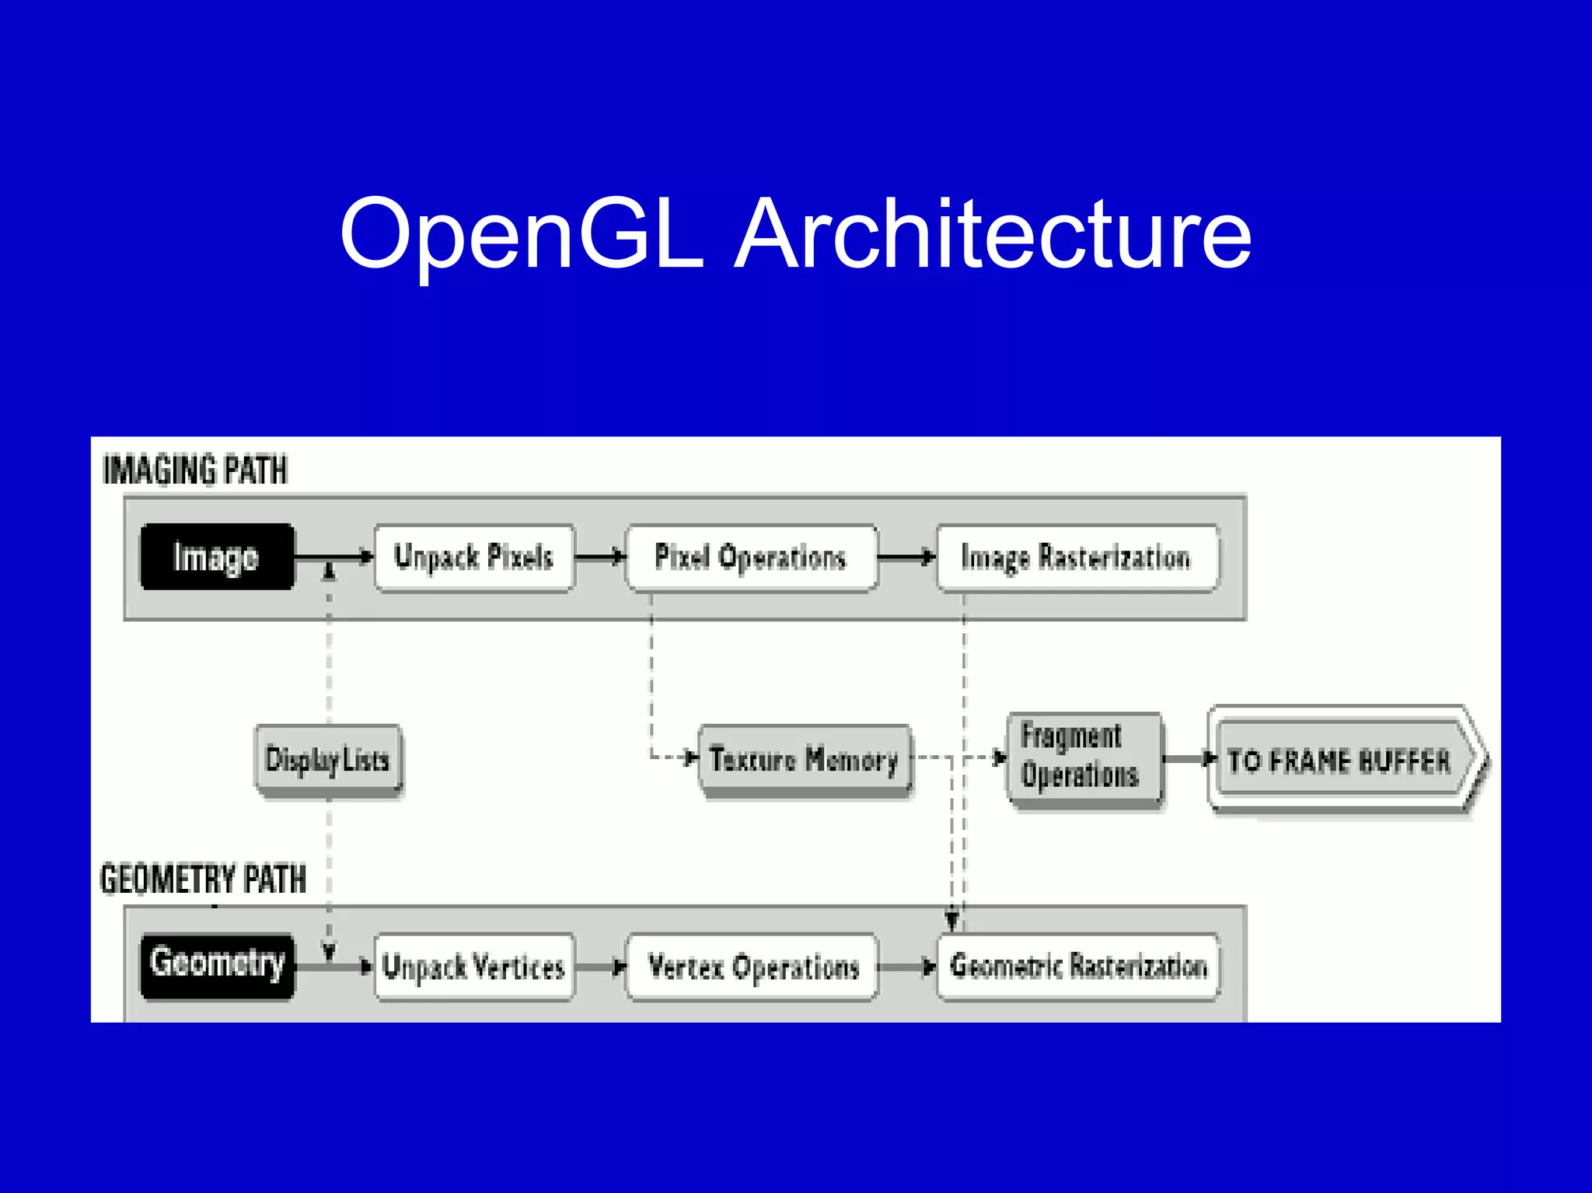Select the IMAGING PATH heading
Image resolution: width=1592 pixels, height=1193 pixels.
[195, 471]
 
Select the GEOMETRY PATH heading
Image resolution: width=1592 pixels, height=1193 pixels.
[204, 880]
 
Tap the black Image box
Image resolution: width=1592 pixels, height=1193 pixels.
[217, 557]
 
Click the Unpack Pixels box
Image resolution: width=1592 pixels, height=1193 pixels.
[474, 558]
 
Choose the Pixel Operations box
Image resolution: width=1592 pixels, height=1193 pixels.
[751, 558]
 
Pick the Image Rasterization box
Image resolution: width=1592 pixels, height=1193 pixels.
[1077, 558]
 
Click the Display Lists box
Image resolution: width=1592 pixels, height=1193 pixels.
[328, 760]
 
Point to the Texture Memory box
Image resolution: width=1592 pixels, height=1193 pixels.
[805, 760]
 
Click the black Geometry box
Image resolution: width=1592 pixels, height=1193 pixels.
[217, 964]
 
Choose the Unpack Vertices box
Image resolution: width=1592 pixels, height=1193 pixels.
[474, 967]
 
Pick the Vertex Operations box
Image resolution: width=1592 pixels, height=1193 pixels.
[752, 967]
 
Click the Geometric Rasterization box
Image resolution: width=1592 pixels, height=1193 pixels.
[1078, 967]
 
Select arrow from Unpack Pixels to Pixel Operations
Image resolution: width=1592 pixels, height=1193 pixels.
[600, 557]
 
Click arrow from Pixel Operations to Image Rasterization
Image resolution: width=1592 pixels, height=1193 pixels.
[906, 557]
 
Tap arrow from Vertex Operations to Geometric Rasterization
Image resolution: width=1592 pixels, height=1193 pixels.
[907, 967]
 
